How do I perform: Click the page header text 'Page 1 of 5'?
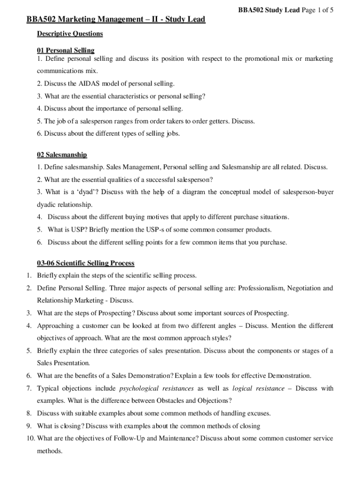pyautogui.click(x=317, y=10)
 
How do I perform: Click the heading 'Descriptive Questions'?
pyautogui.click(x=70, y=34)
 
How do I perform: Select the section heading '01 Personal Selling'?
pyautogui.click(x=65, y=50)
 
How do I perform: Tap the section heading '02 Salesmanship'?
pyautogui.click(x=62, y=154)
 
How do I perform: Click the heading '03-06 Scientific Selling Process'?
pyautogui.click(x=86, y=263)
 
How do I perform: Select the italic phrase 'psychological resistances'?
pyautogui.click(x=156, y=388)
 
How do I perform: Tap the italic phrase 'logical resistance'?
pyautogui.click(x=258, y=388)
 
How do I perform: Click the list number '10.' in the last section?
pyautogui.click(x=30, y=439)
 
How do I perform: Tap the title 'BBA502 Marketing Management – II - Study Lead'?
pyautogui.click(x=115, y=20)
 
